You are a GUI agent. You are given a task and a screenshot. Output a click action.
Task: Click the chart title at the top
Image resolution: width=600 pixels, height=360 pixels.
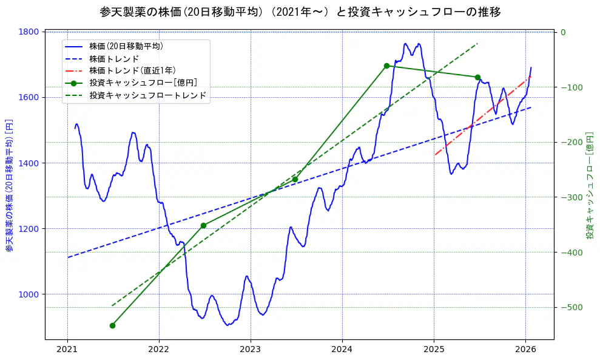300,12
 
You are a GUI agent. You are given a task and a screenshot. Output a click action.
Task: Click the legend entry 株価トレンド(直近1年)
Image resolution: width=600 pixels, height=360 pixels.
130,70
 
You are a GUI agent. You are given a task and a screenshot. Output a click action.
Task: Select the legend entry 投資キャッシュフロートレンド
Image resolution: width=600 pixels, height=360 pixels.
147,95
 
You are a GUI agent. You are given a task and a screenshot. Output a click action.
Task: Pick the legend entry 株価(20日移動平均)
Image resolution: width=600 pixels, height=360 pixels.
126,46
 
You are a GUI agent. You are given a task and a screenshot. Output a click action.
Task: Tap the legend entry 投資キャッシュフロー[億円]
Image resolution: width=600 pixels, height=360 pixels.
143,83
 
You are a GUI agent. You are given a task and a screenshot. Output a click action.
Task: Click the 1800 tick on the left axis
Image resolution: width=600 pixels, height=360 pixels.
29,32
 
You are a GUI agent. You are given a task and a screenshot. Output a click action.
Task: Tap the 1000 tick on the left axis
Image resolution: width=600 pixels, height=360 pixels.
29,294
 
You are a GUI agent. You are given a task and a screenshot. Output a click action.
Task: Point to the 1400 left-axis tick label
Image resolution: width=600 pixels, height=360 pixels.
29,163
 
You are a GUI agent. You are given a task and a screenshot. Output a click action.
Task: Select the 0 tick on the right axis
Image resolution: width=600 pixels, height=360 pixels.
563,32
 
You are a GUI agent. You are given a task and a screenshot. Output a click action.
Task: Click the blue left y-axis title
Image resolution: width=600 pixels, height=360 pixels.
9,185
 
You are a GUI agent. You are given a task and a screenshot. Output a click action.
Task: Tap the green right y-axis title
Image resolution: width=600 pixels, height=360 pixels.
590,185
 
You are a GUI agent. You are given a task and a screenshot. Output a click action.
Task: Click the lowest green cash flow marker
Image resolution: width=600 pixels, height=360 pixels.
112,325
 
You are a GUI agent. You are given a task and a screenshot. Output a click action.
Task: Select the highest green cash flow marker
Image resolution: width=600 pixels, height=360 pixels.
386,66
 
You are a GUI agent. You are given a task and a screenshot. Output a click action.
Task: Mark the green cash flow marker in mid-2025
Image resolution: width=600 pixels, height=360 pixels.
477,77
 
